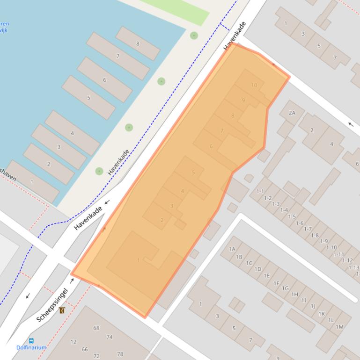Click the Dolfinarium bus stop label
tap(31, 347)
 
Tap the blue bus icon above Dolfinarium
tap(31, 341)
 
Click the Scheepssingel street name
tap(52, 305)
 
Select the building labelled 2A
tap(292, 113)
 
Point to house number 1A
tap(232, 249)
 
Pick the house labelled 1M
tap(339, 327)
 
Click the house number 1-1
tap(260, 191)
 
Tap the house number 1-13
tap(354, 267)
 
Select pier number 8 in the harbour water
tap(138, 44)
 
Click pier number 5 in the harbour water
tap(88, 98)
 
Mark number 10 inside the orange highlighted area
tap(254, 85)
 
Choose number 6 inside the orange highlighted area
tap(211, 146)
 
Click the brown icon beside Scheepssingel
tap(62, 310)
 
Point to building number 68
tap(96, 328)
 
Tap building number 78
tap(120, 354)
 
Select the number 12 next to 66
tap(73, 342)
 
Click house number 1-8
tap(315, 235)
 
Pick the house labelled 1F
tap(276, 283)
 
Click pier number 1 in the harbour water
tap(32, 181)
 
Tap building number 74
tap(110, 337)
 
